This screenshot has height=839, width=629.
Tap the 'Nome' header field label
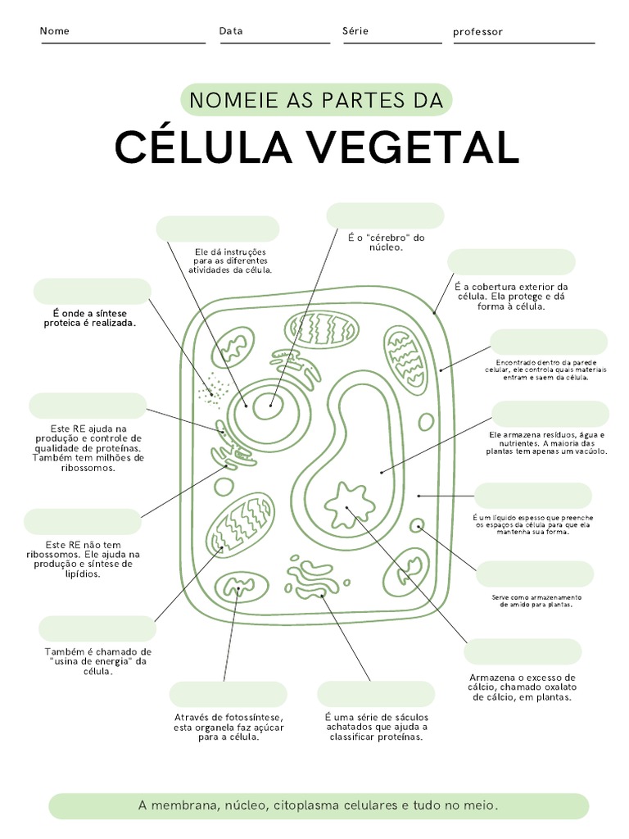point(55,31)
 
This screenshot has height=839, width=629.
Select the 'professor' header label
point(477,32)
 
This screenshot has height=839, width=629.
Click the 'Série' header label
point(355,31)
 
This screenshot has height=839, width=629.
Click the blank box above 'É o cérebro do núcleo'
point(385,216)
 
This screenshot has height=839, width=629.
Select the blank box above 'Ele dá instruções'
point(218,229)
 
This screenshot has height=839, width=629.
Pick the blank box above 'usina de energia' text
point(97,629)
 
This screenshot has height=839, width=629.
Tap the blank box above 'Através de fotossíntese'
point(229,694)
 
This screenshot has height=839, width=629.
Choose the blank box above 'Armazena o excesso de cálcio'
point(523,652)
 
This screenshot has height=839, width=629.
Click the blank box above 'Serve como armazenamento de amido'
point(535,574)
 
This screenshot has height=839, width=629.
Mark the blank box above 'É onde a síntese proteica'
point(93,292)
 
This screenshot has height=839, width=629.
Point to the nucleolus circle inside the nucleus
point(268,405)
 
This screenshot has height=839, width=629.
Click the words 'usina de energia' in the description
point(93,661)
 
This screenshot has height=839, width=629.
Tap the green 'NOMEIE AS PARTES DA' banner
point(316,101)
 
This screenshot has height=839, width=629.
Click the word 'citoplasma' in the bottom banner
point(316,806)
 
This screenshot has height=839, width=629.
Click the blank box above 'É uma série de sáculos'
point(376,694)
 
